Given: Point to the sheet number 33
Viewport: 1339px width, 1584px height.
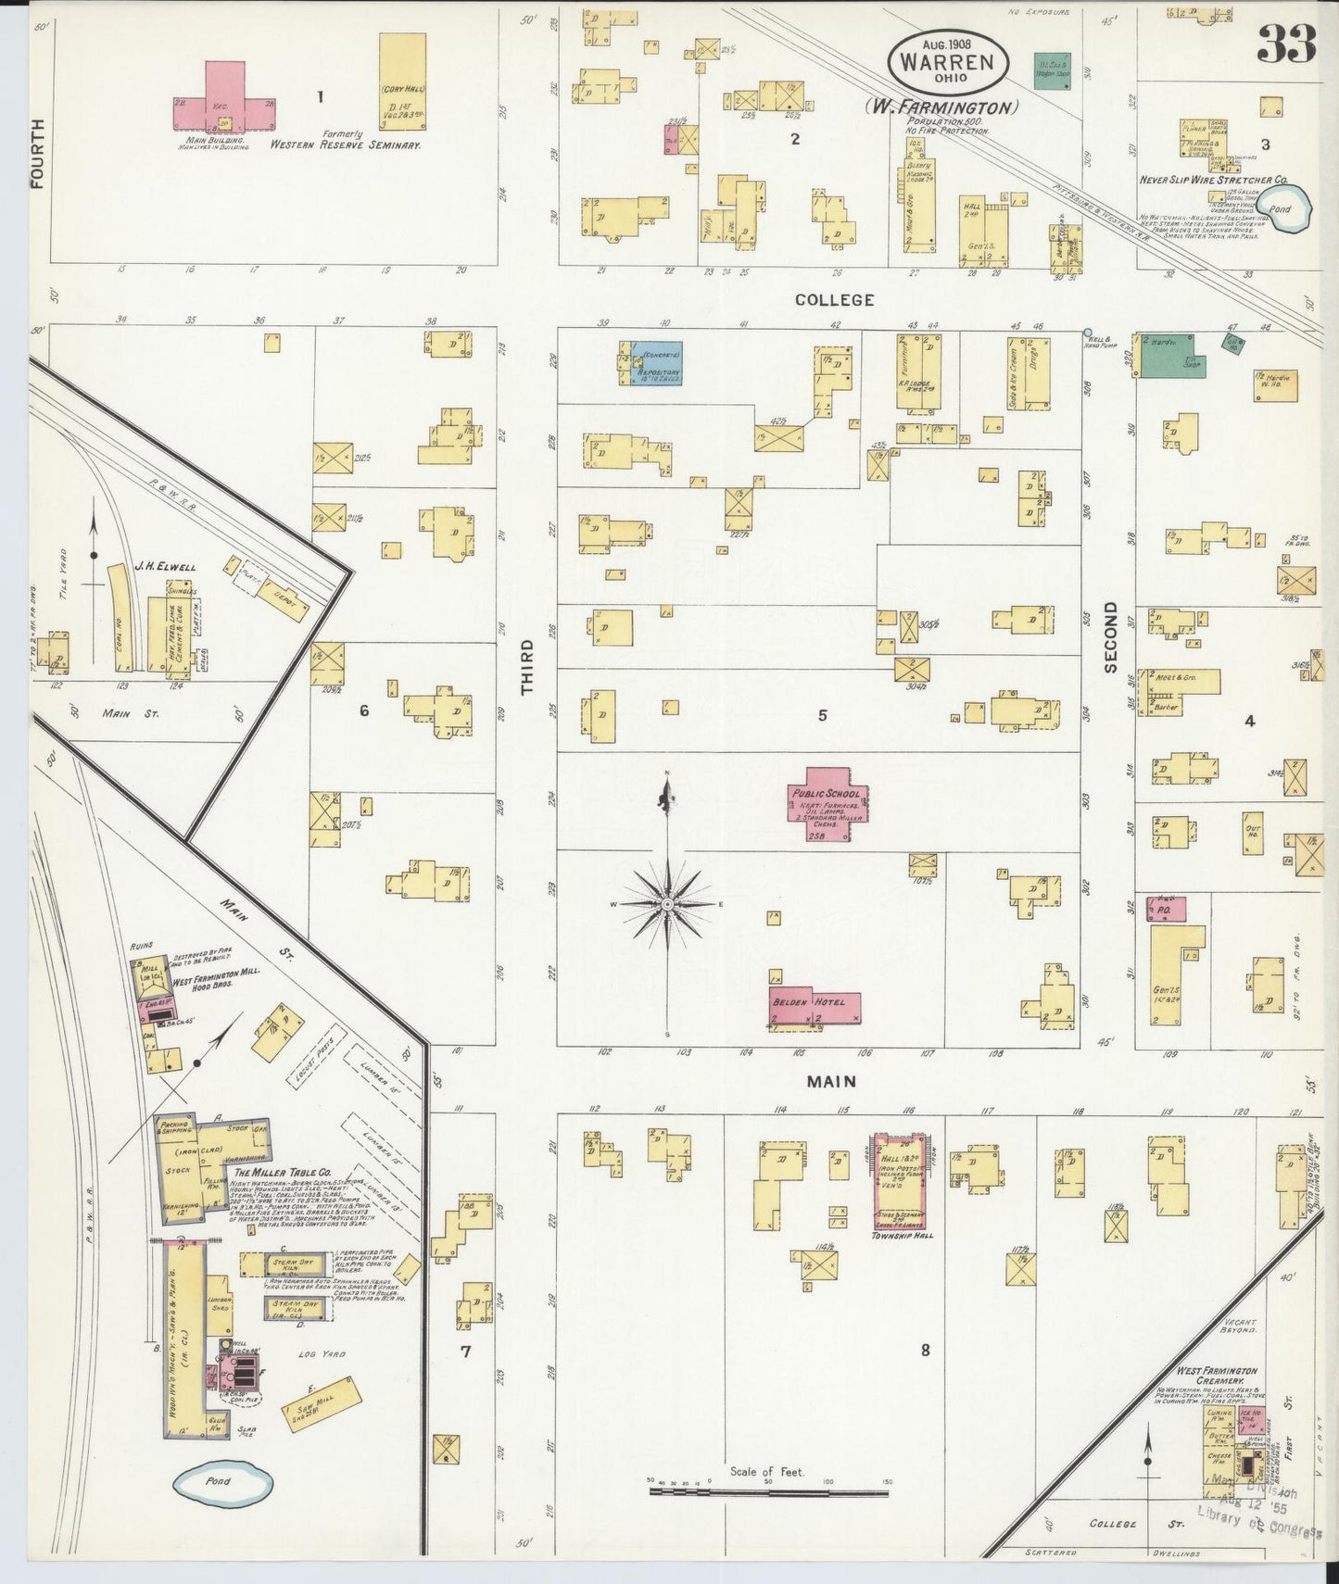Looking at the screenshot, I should coord(1287,43).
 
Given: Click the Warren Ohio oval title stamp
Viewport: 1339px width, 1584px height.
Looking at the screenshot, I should coord(947,62).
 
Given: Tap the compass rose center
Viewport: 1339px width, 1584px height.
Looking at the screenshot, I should coord(667,903).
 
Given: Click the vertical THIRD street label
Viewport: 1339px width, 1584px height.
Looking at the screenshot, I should coord(527,667).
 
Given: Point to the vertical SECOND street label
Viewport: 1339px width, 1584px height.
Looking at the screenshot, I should coord(1111,637).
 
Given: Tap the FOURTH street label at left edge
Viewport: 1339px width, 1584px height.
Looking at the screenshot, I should coord(38,153).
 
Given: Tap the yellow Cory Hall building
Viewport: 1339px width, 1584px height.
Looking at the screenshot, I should coord(402,82).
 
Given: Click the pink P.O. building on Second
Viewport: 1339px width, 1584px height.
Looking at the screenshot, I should coord(1166,910).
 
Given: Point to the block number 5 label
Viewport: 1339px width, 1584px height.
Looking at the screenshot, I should coord(822,715).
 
